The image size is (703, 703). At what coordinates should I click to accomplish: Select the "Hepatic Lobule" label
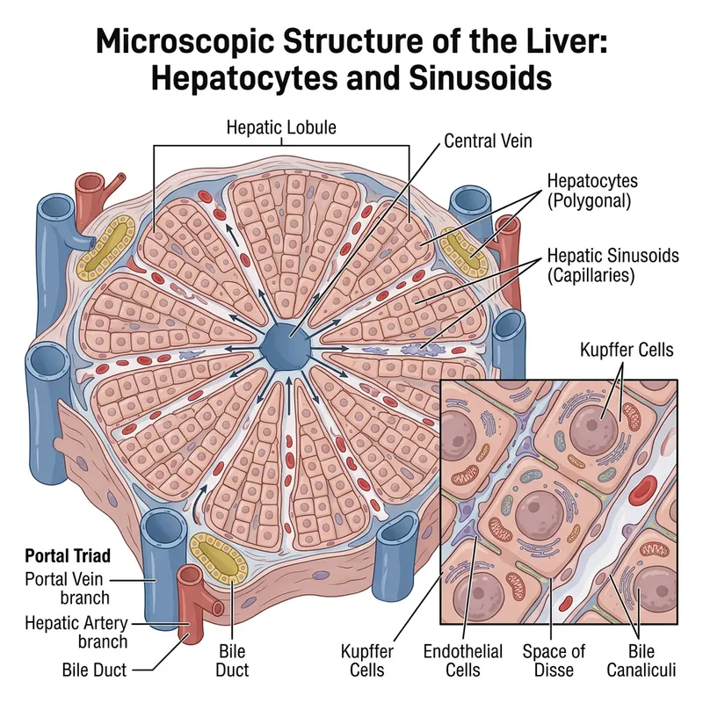(281, 127)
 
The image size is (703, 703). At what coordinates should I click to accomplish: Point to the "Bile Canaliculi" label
(641, 661)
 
